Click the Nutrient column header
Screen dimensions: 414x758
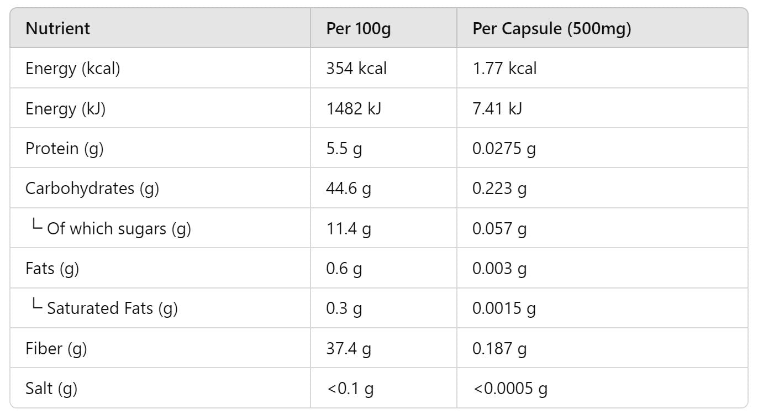pyautogui.click(x=57, y=29)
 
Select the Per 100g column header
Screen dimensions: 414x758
pyautogui.click(x=358, y=29)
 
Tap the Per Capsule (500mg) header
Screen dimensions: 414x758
pyautogui.click(x=551, y=29)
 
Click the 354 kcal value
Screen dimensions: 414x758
pyautogui.click(x=356, y=69)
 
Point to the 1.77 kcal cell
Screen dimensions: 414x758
pyautogui.click(x=504, y=69)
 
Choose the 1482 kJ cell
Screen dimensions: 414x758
pyautogui.click(x=354, y=109)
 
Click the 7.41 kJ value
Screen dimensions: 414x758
pyautogui.click(x=497, y=109)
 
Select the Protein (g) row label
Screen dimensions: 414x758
pyautogui.click(x=65, y=149)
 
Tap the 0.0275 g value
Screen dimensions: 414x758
pyautogui.click(x=504, y=149)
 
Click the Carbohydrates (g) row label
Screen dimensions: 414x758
pyautogui.click(x=92, y=188)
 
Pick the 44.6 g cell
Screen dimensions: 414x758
pyautogui.click(x=349, y=188)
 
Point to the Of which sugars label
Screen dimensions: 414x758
pyautogui.click(x=119, y=228)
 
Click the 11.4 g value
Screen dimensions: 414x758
pyautogui.click(x=349, y=228)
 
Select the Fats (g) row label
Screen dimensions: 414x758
pyautogui.click(x=52, y=269)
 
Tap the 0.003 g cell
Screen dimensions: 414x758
pyautogui.click(x=499, y=269)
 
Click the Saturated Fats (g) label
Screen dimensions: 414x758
pyautogui.click(x=112, y=308)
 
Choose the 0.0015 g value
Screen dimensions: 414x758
pyautogui.click(x=504, y=308)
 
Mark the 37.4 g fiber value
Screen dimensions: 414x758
pyautogui.click(x=349, y=349)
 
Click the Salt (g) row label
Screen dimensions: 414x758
pyautogui.click(x=51, y=389)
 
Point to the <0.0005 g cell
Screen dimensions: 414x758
pyautogui.click(x=510, y=389)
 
